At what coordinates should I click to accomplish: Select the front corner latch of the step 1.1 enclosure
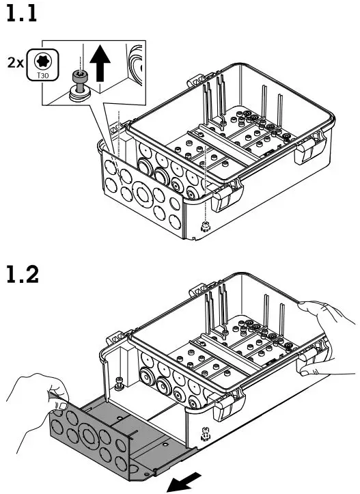tap(223, 200)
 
